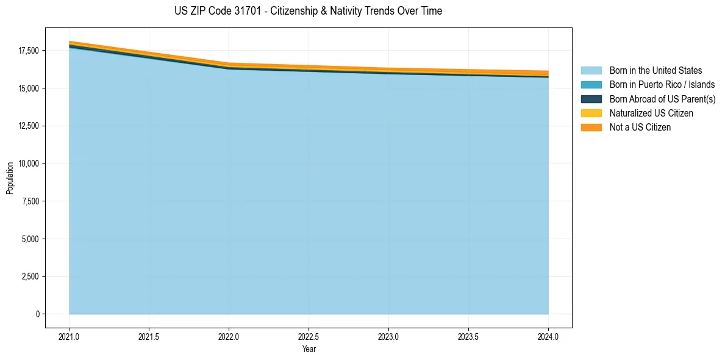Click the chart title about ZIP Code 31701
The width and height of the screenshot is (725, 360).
(308, 11)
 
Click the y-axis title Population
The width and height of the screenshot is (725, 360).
(10, 178)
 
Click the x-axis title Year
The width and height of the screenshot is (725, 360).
(309, 349)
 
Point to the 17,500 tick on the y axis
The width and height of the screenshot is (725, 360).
(28, 51)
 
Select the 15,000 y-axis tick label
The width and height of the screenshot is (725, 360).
(28, 88)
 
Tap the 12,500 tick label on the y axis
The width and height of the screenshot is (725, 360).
(28, 126)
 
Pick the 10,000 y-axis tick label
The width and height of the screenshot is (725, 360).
(28, 164)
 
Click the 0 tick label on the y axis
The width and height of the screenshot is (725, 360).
(37, 314)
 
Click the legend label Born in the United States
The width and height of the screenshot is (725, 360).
(655, 71)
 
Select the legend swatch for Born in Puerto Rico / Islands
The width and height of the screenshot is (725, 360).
(591, 85)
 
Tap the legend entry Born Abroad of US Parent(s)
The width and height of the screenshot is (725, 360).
(662, 99)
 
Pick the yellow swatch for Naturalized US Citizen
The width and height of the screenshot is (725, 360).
(591, 113)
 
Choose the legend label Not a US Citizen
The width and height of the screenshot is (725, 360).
(640, 128)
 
